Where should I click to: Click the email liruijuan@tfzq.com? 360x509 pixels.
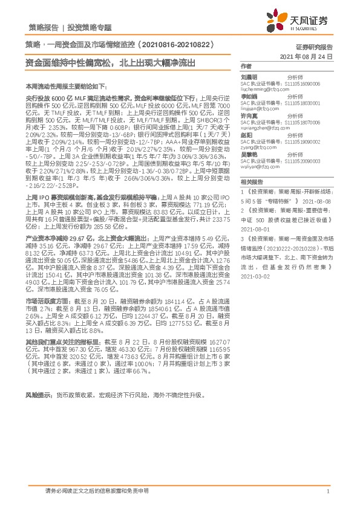(x=257, y=108)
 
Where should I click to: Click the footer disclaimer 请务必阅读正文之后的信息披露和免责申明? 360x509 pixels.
(x=97, y=491)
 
